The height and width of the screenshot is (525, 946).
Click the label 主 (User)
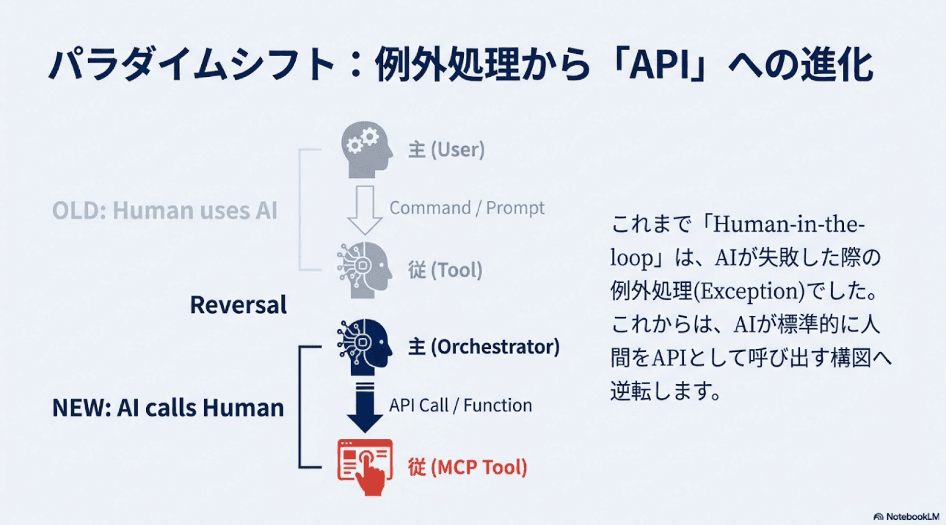click(x=446, y=150)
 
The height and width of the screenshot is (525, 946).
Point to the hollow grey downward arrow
click(x=365, y=208)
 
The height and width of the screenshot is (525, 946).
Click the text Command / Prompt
click(x=467, y=208)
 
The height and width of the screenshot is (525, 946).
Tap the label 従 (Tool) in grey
click(x=445, y=270)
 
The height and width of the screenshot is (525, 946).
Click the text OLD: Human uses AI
click(x=164, y=210)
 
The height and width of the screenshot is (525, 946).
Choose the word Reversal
click(x=238, y=305)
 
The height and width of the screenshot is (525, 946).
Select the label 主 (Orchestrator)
click(x=484, y=346)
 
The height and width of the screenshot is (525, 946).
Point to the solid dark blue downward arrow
click(x=365, y=405)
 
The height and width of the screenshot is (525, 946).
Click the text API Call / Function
click(x=460, y=405)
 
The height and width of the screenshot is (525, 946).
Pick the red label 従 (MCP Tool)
click(x=467, y=467)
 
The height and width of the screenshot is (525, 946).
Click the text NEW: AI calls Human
click(x=168, y=408)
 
